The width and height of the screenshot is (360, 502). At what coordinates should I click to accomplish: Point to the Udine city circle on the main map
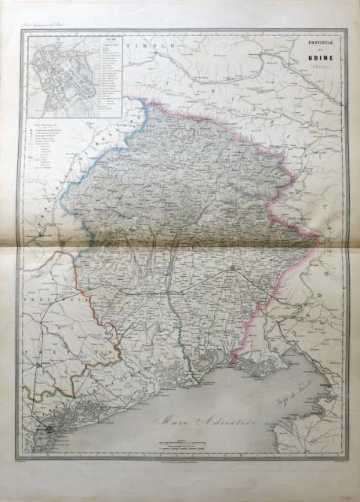tap(234, 271)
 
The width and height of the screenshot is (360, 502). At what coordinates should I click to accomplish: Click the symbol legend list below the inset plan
tap(47, 153)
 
